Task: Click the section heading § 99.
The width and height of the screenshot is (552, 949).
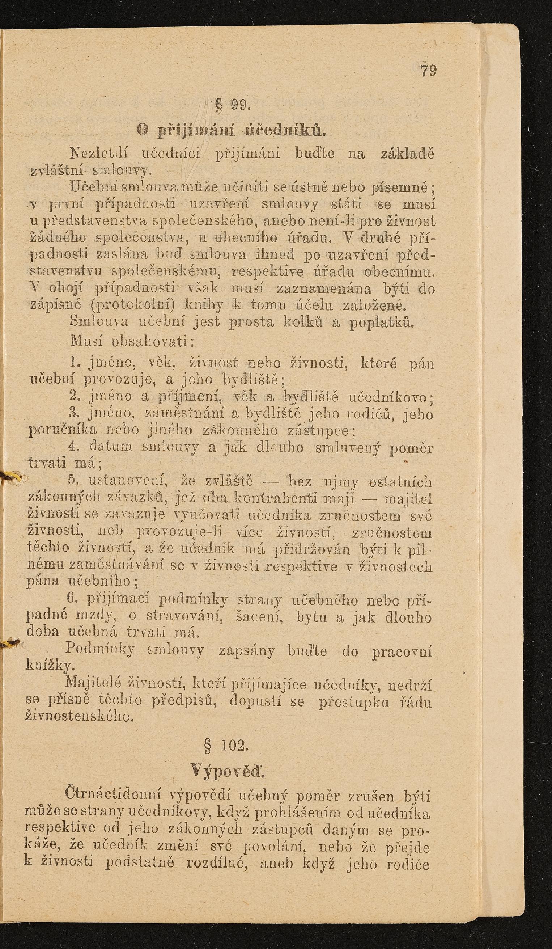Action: click(231, 104)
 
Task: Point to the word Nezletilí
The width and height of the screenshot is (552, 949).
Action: click(100, 154)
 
